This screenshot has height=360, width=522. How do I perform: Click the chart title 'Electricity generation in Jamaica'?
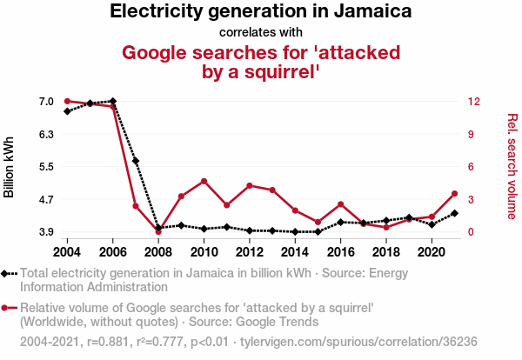tap(261, 12)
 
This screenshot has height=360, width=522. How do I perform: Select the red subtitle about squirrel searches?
tap(261, 62)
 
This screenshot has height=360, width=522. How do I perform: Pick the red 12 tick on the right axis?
tap(473, 102)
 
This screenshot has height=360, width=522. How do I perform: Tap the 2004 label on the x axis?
tap(67, 252)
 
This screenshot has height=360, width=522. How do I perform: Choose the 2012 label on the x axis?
tap(250, 252)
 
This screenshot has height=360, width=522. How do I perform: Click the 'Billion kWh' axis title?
tap(10, 167)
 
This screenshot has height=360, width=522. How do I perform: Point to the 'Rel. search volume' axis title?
tap(512, 167)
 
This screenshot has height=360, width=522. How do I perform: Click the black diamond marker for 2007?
tap(136, 161)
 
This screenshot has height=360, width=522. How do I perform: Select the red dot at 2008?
tap(158, 232)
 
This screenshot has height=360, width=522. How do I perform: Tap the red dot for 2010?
tap(204, 181)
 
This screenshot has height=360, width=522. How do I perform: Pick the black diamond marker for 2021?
tap(454, 213)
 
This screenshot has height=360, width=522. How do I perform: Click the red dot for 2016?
tap(340, 204)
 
